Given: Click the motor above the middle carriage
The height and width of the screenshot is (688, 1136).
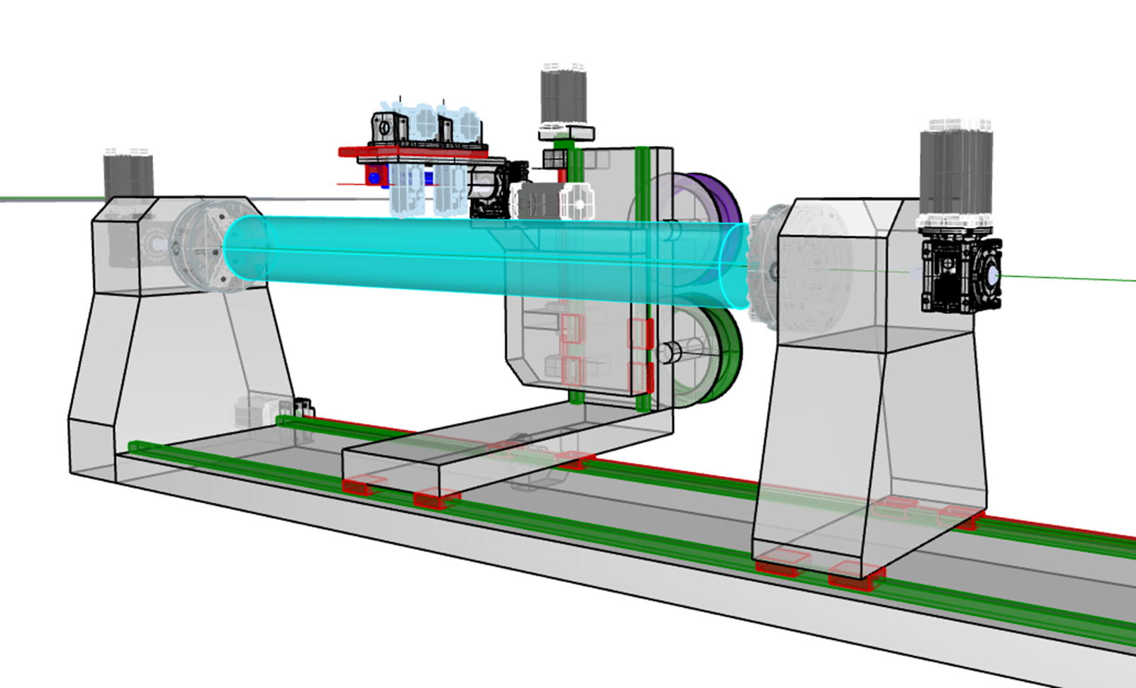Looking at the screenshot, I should coord(563,96).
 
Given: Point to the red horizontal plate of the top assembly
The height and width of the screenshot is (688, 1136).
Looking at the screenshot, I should coord(411,151).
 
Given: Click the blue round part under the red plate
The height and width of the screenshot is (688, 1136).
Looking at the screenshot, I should coord(374,177).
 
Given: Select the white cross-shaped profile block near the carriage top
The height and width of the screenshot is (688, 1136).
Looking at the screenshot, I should coord(577,202).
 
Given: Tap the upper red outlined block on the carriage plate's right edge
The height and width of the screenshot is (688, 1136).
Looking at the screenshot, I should coord(640,333).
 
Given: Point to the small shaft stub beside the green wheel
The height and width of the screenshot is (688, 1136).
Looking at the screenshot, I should coord(670,352).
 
